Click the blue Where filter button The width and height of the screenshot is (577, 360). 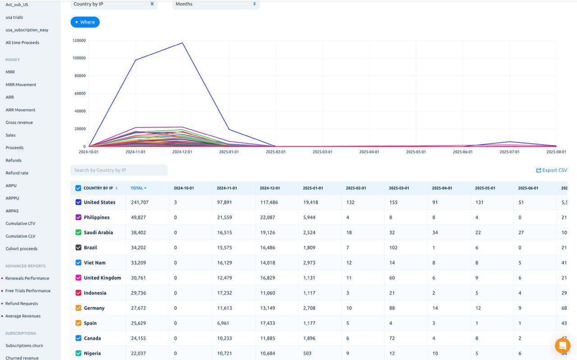(85, 22)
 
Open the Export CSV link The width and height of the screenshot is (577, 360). (551, 170)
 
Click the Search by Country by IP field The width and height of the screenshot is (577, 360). (119, 170)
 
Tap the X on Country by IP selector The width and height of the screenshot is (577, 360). (152, 4)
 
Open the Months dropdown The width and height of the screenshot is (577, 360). (215, 4)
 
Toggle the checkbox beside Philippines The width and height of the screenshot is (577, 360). (78, 217)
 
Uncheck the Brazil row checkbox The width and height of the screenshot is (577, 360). (78, 248)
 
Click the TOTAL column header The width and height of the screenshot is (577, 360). (138, 188)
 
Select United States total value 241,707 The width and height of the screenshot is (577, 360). (140, 203)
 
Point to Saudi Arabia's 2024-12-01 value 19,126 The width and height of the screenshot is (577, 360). (269, 233)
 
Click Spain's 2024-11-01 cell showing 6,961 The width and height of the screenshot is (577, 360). (223, 323)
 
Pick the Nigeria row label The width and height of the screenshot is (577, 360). (92, 354)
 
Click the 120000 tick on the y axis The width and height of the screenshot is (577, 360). (79, 41)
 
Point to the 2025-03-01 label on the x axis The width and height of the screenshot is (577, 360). (322, 152)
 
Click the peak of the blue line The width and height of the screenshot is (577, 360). (182, 43)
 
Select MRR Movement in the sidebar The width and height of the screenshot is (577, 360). (21, 85)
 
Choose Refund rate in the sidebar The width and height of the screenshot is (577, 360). (17, 173)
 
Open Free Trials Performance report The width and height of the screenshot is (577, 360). (27, 291)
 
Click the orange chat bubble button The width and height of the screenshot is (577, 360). (562, 346)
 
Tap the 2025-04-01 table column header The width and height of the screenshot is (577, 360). (442, 188)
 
